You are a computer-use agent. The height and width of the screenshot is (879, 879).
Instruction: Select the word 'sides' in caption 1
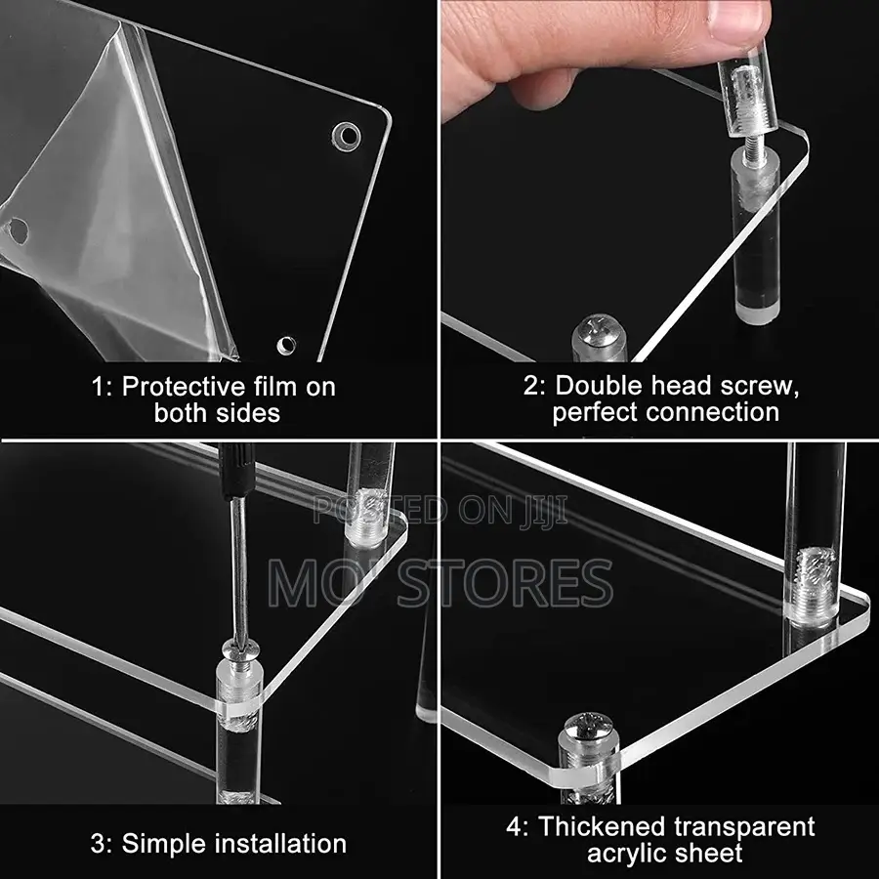[x=250, y=412]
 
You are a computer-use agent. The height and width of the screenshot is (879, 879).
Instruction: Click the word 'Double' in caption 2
[x=598, y=385]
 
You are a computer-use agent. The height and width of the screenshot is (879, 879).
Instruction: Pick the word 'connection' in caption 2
[x=712, y=412]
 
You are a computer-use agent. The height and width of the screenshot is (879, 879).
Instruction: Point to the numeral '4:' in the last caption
[x=518, y=827]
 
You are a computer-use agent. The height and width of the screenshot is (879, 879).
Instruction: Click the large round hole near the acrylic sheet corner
[x=347, y=136]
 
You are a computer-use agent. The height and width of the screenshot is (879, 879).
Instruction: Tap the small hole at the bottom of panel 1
[x=286, y=346]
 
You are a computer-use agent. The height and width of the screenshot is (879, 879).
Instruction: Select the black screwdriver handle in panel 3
[x=236, y=471]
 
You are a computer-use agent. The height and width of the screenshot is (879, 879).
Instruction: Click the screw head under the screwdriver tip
[x=241, y=649]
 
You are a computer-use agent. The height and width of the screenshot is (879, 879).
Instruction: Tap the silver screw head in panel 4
[x=589, y=727]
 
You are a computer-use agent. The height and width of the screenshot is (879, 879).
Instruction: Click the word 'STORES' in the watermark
[x=505, y=584]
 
